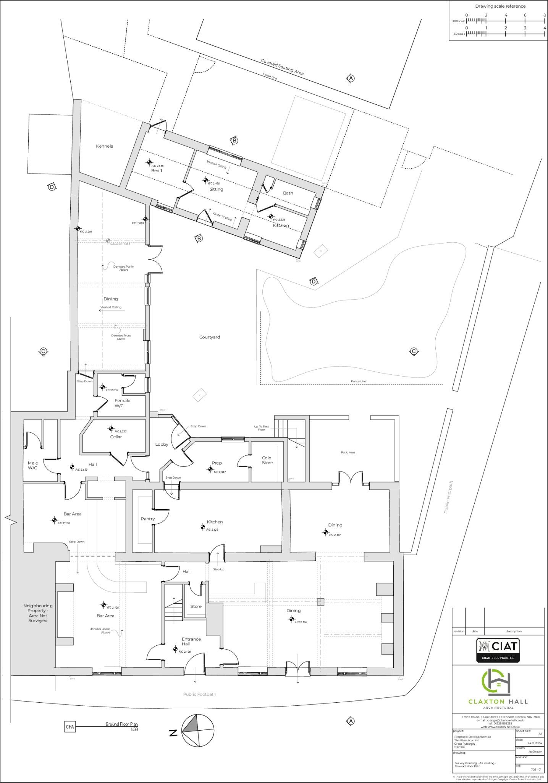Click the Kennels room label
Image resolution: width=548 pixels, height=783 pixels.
tap(104, 146)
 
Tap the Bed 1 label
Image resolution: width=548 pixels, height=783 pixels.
tap(156, 171)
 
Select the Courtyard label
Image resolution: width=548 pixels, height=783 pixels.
tap(210, 337)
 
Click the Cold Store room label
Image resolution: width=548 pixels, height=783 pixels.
tap(267, 460)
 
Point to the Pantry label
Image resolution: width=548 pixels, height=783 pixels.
tap(148, 519)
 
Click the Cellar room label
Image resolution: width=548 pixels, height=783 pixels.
tap(116, 437)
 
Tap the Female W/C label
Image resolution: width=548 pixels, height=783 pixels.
tap(122, 403)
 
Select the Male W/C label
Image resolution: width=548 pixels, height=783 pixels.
tap(33, 465)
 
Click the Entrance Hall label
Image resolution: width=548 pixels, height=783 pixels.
tap(191, 642)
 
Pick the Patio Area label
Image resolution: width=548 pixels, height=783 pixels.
tap(348, 452)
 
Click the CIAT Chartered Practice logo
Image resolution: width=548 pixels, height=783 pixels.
tap(498, 650)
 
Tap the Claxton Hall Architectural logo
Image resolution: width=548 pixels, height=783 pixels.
tap(498, 689)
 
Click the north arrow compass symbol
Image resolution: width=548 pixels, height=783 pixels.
tap(197, 729)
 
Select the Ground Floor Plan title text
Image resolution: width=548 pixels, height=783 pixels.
tap(121, 724)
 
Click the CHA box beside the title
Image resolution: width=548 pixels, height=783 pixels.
tap(70, 727)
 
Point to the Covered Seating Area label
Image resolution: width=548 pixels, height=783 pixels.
tap(282, 67)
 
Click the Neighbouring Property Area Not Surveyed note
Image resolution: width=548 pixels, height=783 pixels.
tap(38, 613)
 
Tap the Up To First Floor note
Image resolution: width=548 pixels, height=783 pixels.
tap(262, 428)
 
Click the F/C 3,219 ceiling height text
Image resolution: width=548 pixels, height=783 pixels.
tap(86, 232)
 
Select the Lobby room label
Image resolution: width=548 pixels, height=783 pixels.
tap(162, 444)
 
